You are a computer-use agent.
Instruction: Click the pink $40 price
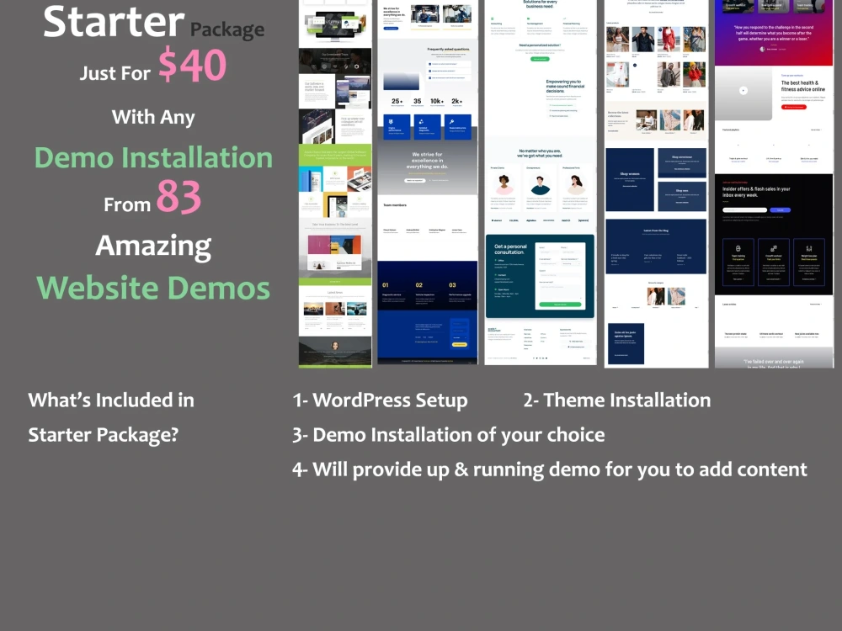pos(192,66)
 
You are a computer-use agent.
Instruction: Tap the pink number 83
pos(179,199)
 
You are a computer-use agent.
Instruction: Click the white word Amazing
pos(153,246)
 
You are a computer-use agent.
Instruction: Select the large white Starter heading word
pos(114,23)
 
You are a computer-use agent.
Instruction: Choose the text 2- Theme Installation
pos(616,400)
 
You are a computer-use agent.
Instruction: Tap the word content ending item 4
pos(770,469)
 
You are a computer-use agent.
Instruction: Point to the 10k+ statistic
pos(437,101)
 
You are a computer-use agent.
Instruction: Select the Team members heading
pos(395,204)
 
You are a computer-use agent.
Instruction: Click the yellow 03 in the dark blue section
pos(452,285)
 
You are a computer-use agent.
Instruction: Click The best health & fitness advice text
pos(802,86)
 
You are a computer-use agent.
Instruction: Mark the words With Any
pos(153,117)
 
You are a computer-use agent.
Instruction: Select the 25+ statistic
pos(396,101)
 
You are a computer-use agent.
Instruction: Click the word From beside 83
pos(127,204)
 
